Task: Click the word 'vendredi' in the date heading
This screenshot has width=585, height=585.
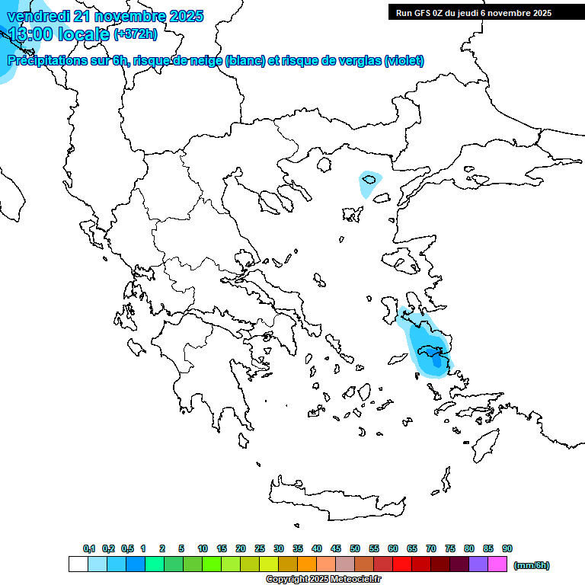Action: (x=35, y=16)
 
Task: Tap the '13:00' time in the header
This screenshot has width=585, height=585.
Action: (x=28, y=34)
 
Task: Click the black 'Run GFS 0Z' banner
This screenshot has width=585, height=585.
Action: (x=473, y=12)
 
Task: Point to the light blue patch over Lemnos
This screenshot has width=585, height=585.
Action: (x=371, y=181)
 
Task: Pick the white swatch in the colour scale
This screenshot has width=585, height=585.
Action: (x=78, y=564)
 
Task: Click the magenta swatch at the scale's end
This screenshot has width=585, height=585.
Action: (x=497, y=564)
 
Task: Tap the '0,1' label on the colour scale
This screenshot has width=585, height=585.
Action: (x=88, y=548)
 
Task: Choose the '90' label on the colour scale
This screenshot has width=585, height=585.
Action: (x=507, y=548)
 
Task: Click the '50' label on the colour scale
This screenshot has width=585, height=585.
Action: (x=355, y=548)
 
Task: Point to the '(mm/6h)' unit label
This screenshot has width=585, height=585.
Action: (x=532, y=565)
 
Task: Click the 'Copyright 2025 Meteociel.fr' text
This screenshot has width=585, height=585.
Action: (x=323, y=579)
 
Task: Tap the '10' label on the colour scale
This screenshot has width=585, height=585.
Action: (x=203, y=548)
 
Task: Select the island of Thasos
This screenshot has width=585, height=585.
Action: (x=327, y=164)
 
